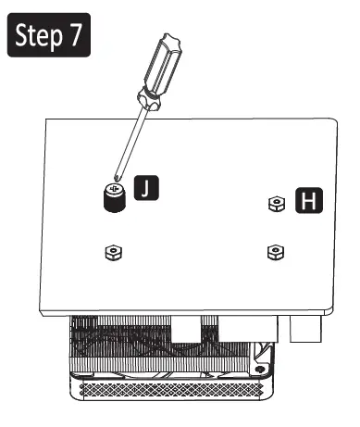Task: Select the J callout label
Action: (x=146, y=190)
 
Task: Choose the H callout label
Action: (x=310, y=200)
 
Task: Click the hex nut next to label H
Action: (x=275, y=204)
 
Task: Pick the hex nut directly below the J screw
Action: (x=112, y=251)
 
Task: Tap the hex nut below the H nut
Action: (x=274, y=251)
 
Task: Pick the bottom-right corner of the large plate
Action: (x=334, y=309)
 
